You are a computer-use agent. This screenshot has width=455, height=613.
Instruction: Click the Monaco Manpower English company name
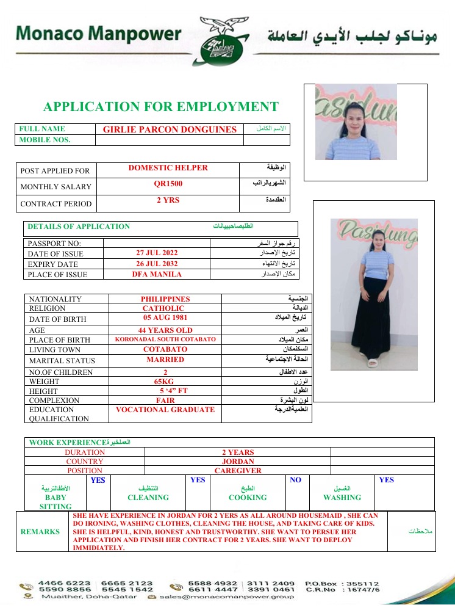pos(99,34)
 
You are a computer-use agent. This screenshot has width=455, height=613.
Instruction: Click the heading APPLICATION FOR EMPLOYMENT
pos(160,107)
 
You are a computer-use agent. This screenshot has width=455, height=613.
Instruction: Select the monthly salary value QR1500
pos(168,184)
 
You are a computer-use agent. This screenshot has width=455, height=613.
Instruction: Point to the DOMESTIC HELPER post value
pos(168,168)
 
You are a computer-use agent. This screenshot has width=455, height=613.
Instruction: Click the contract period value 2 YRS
pos(168,200)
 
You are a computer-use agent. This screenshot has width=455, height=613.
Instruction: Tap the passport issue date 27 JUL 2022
pos(157,252)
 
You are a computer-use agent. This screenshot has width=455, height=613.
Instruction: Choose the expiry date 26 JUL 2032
pos(157,263)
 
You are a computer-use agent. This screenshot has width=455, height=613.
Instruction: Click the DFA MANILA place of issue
pos(157,274)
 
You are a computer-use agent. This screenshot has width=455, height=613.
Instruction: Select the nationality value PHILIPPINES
pos(165,299)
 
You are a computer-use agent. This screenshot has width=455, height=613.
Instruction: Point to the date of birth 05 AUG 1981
pos(165,317)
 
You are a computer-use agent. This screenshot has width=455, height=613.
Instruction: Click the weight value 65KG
pos(165,381)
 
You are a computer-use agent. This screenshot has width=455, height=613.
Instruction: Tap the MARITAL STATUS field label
pos(59,360)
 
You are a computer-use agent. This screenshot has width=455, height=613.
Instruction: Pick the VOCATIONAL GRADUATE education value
pos(165,410)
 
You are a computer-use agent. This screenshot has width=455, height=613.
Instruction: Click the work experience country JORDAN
pos(238,462)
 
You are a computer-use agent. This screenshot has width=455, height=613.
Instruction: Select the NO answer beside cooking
pos(296,480)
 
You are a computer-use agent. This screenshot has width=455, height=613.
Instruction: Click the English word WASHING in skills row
pos(342,498)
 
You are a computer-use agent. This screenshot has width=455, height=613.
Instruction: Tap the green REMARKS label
pos(40,532)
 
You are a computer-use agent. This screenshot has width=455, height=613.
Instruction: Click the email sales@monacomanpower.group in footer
pos(227,597)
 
